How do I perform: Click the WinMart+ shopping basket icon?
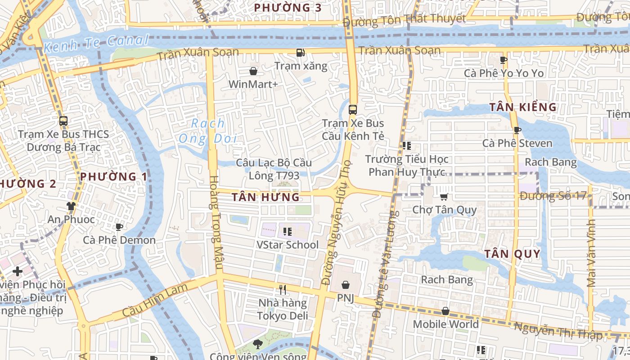(253, 71)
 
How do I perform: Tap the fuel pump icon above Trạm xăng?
(300, 53)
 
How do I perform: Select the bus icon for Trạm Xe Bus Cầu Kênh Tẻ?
(353, 109)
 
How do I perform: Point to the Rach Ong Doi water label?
(208, 130)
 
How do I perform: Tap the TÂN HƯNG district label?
(265, 197)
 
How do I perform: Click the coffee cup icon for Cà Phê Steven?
(517, 130)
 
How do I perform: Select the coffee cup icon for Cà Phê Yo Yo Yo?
(504, 60)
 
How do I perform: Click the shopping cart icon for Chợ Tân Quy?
(444, 197)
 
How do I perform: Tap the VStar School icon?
(287, 232)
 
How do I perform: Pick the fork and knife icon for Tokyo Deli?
(283, 289)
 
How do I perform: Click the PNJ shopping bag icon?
(345, 285)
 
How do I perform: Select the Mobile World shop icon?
(445, 311)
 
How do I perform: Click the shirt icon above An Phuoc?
(71, 206)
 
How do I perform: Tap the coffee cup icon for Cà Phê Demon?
(119, 227)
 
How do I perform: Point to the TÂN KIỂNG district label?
(523, 107)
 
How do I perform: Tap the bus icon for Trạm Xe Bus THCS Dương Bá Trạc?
(63, 121)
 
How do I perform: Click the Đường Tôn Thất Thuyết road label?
(404, 19)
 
